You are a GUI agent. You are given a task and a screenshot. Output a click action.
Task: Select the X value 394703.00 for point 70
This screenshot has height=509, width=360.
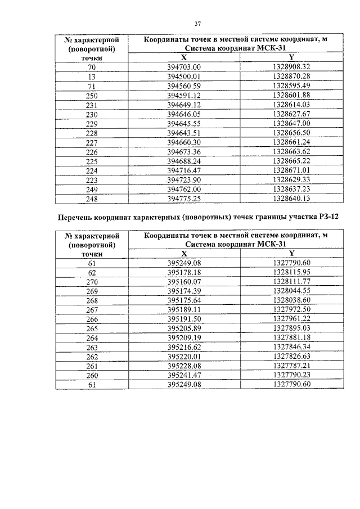point(184,66)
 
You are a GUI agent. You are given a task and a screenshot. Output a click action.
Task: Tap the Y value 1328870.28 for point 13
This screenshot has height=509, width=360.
point(291,76)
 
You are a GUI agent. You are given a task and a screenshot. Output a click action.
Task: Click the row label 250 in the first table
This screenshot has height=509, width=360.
point(92,96)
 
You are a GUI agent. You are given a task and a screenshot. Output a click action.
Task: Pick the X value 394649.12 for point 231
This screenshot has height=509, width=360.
point(184,105)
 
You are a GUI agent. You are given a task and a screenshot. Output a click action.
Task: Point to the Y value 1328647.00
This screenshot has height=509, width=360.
point(291,124)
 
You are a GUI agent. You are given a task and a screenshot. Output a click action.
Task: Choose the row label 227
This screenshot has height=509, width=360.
point(92,143)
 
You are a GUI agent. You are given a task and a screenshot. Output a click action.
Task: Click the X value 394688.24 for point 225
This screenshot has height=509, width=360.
point(184,161)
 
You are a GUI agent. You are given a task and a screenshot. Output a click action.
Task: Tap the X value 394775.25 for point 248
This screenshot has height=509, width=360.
point(184,199)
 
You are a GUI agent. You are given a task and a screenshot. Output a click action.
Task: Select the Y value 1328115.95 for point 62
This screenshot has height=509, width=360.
point(291,272)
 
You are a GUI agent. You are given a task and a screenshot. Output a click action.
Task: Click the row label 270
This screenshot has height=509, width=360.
point(92,281)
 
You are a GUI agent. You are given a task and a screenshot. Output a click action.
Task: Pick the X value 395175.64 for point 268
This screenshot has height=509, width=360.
point(184,300)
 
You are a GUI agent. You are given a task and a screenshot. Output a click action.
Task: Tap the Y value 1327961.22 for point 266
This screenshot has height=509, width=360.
point(291,319)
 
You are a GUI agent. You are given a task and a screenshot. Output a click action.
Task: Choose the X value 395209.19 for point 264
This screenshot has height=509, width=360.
point(184,338)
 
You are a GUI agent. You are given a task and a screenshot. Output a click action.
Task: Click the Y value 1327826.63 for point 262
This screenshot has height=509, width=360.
point(291,357)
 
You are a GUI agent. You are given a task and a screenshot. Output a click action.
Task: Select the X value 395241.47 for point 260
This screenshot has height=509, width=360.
point(184,376)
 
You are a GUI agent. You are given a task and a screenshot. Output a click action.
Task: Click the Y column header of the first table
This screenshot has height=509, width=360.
point(291,57)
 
